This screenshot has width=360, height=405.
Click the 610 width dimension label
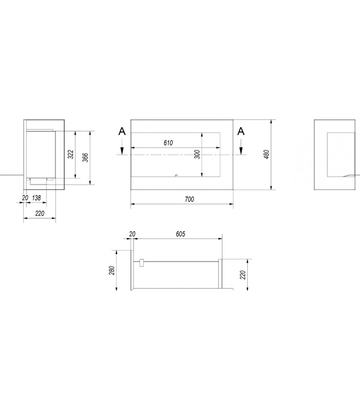point(168,143)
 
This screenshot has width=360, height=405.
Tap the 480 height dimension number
point(267,154)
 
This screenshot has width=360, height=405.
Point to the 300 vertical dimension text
point(197,154)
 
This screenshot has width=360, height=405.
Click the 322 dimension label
point(71,154)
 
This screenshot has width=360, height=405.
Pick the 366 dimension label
point(85,157)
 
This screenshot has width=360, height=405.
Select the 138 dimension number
point(36,198)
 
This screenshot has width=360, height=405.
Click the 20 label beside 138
point(25,198)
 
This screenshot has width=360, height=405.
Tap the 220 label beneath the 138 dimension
point(40,213)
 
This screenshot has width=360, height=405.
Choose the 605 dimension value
point(180,234)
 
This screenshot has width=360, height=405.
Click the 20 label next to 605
point(132,234)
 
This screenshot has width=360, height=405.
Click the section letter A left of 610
point(122,132)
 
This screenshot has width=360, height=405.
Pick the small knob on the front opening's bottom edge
point(176,176)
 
